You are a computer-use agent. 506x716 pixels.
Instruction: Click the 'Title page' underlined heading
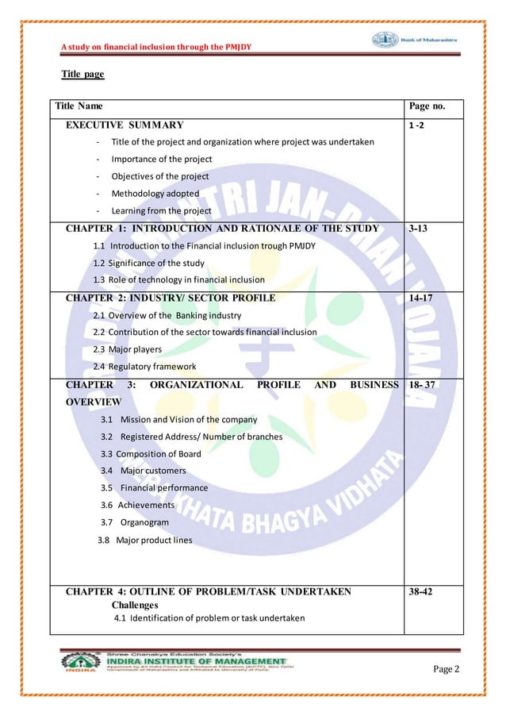82,75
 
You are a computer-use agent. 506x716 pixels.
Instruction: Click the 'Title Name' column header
78,106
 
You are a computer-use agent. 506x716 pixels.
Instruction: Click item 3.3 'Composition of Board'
151,454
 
